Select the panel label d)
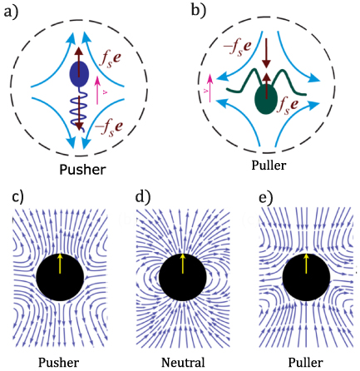[x=141, y=196]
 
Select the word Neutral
[x=183, y=363]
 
